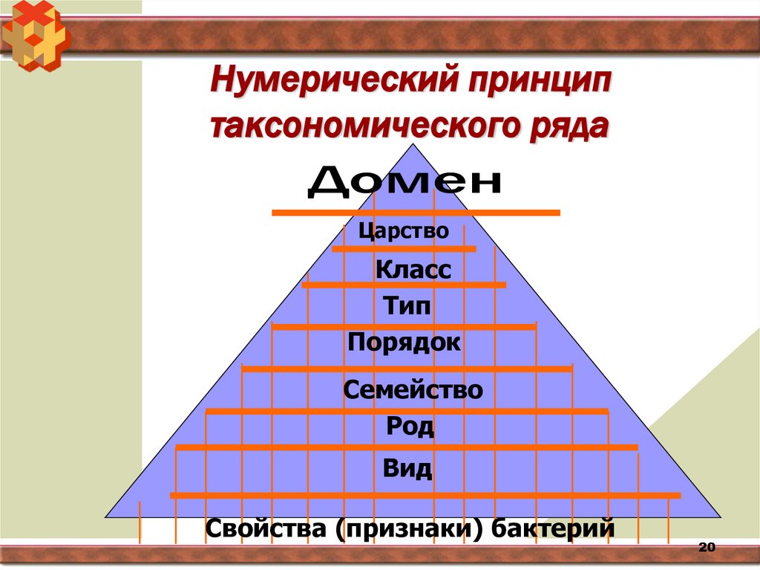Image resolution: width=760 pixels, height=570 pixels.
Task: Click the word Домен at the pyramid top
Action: (x=404, y=182)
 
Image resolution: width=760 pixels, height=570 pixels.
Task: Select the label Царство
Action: (x=404, y=231)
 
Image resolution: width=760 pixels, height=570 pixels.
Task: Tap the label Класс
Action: (x=413, y=269)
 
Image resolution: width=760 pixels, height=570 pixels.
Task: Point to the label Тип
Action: (x=407, y=305)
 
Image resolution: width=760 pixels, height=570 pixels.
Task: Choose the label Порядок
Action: (x=404, y=343)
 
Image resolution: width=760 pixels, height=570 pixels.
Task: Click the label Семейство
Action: (x=413, y=389)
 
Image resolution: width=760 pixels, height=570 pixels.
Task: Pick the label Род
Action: (x=410, y=427)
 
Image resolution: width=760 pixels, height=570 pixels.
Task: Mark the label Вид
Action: (x=407, y=469)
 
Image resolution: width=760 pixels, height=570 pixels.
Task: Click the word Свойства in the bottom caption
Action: (x=266, y=529)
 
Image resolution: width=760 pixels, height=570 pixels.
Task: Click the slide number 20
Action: (x=706, y=548)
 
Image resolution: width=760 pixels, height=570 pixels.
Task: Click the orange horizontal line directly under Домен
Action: (x=416, y=213)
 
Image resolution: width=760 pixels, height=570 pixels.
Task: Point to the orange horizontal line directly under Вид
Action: (x=425, y=495)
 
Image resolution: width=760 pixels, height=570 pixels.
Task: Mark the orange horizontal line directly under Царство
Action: (x=404, y=249)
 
